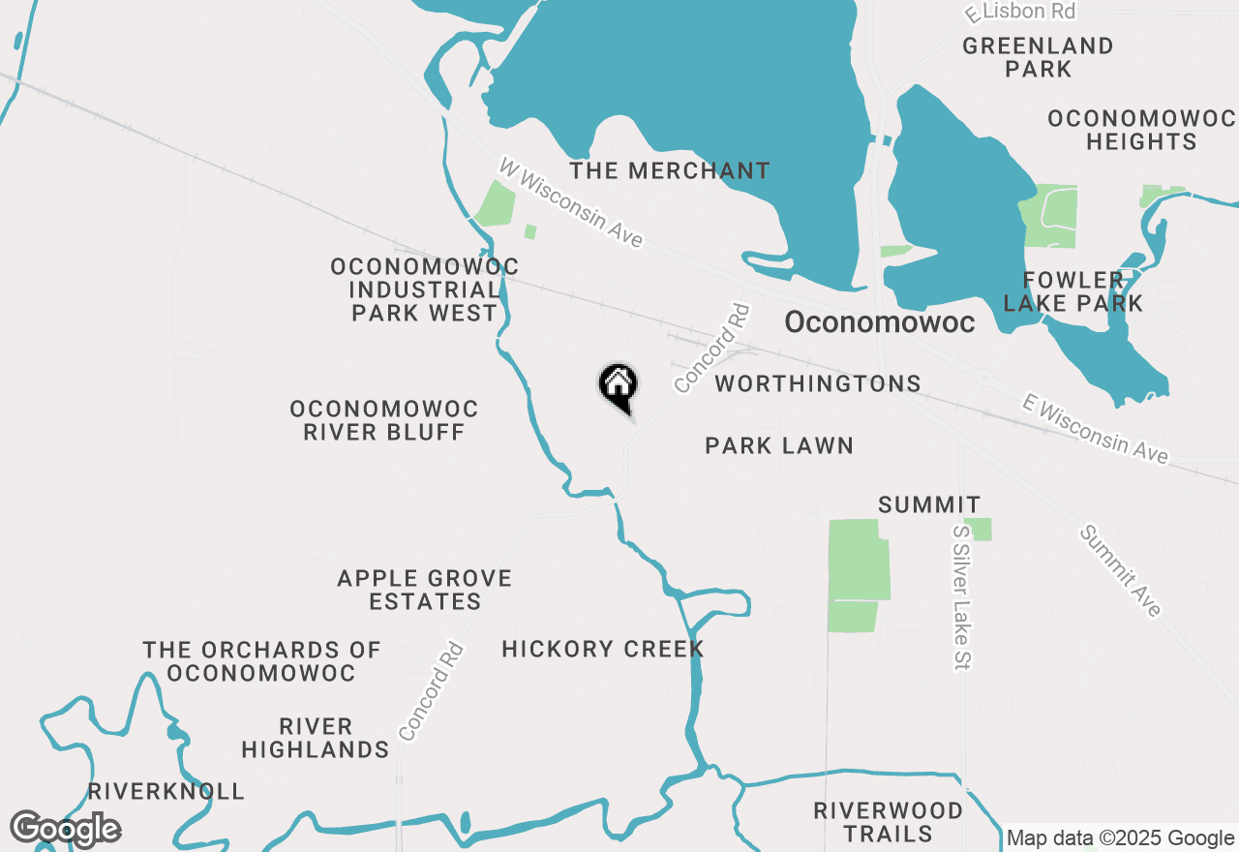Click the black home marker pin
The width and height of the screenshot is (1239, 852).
point(618,386)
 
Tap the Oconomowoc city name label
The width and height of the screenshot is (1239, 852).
point(879,322)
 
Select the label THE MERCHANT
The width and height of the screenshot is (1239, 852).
point(670,171)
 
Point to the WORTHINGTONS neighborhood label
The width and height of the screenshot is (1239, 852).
point(818,384)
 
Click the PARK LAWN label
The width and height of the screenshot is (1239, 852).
point(779,445)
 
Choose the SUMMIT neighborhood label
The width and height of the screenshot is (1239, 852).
point(929,504)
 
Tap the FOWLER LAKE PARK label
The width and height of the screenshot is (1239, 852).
point(1073,291)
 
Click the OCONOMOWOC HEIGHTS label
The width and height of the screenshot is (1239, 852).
point(1141,130)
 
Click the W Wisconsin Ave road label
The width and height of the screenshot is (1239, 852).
point(571,202)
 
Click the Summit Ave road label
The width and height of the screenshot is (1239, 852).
point(1120,570)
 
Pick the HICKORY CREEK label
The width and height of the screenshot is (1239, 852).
point(602,649)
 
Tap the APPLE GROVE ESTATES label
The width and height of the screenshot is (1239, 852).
point(424,590)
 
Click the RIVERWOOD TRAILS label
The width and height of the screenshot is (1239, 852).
point(888,822)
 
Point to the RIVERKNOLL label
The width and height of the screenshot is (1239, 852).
point(166,791)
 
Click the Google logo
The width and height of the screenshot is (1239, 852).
point(65,829)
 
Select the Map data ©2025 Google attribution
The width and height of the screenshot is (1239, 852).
point(1120,838)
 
